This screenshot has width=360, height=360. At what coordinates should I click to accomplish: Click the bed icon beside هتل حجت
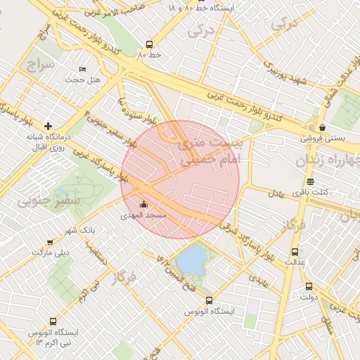click(x=83, y=69)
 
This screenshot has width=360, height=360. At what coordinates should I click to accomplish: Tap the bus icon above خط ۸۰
click(x=148, y=44)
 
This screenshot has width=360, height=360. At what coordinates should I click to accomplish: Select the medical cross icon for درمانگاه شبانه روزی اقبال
click(x=47, y=125)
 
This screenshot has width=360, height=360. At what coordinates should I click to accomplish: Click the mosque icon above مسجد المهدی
click(x=144, y=205)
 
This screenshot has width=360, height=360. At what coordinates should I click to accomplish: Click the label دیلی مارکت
click(x=53, y=252)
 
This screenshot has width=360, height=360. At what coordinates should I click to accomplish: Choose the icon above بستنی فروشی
click(x=322, y=127)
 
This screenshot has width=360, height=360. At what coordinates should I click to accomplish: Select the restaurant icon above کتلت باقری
click(x=310, y=182)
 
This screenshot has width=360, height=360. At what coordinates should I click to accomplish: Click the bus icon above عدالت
click(x=295, y=251)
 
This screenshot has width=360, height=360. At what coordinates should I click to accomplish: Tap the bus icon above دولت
click(x=309, y=286)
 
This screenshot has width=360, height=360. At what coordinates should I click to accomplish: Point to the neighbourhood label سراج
click(x=41, y=65)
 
